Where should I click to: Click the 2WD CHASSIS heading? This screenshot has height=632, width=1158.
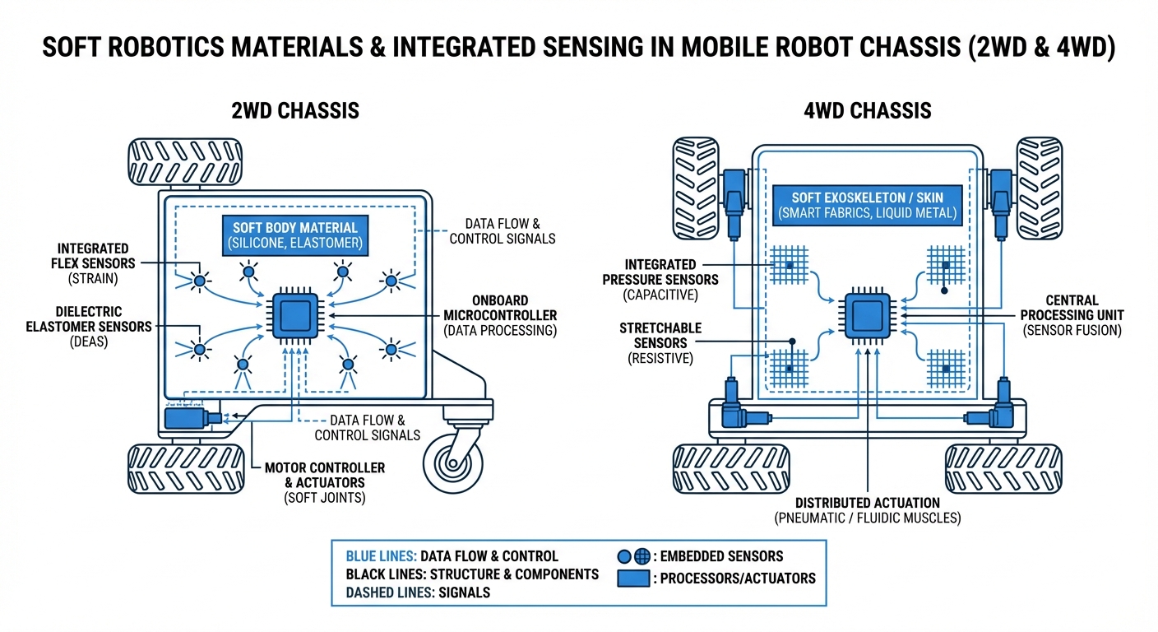[295, 109]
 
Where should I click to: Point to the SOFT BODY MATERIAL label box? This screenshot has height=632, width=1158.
[295, 235]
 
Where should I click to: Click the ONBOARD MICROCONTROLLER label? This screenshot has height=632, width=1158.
[500, 315]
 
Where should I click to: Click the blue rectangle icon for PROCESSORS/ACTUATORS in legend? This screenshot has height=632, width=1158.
[632, 578]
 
